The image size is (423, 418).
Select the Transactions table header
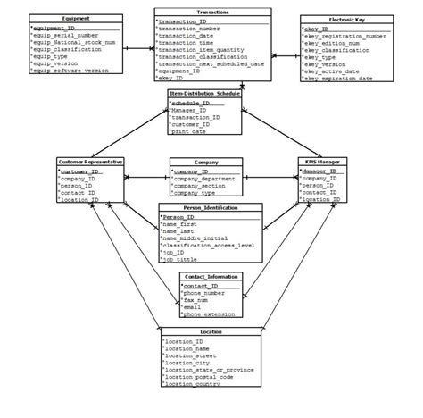click(x=212, y=12)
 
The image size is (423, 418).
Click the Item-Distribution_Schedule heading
click(x=203, y=93)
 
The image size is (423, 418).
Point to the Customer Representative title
click(x=89, y=161)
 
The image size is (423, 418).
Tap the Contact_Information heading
click(x=210, y=277)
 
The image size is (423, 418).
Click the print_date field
click(x=189, y=131)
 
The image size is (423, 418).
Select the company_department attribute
click(x=208, y=178)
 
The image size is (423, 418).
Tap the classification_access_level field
click(x=209, y=246)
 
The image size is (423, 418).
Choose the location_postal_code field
click(x=200, y=376)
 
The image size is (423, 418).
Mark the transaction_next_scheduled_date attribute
click(x=210, y=64)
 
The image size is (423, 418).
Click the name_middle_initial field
click(x=195, y=238)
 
